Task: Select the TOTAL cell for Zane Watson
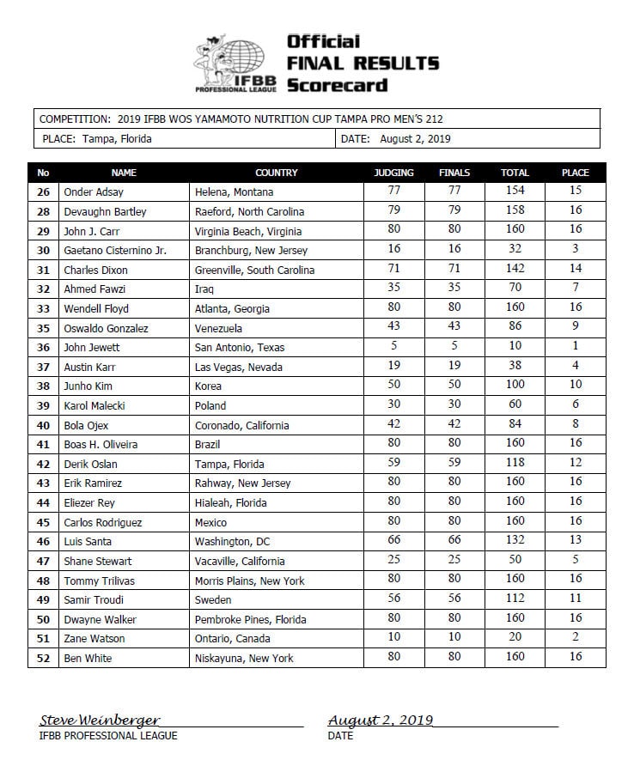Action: pyautogui.click(x=515, y=638)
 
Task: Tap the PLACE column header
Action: pyautogui.click(x=575, y=173)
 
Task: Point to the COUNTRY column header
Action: pyautogui.click(x=276, y=173)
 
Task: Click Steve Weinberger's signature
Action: pyautogui.click(x=99, y=720)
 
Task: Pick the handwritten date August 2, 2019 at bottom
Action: pyautogui.click(x=381, y=720)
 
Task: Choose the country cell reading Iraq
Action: pyautogui.click(x=205, y=289)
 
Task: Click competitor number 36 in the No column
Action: pyautogui.click(x=43, y=348)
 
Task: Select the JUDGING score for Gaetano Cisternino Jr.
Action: pyautogui.click(x=394, y=250)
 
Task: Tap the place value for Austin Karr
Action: pyautogui.click(x=575, y=367)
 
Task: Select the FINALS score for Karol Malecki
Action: pyautogui.click(x=454, y=405)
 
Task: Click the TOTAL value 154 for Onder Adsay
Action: pyautogui.click(x=515, y=191)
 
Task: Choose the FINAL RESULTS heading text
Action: pyautogui.click(x=363, y=63)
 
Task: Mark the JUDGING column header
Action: pyautogui.click(x=394, y=173)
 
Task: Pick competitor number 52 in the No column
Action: pyautogui.click(x=43, y=658)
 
